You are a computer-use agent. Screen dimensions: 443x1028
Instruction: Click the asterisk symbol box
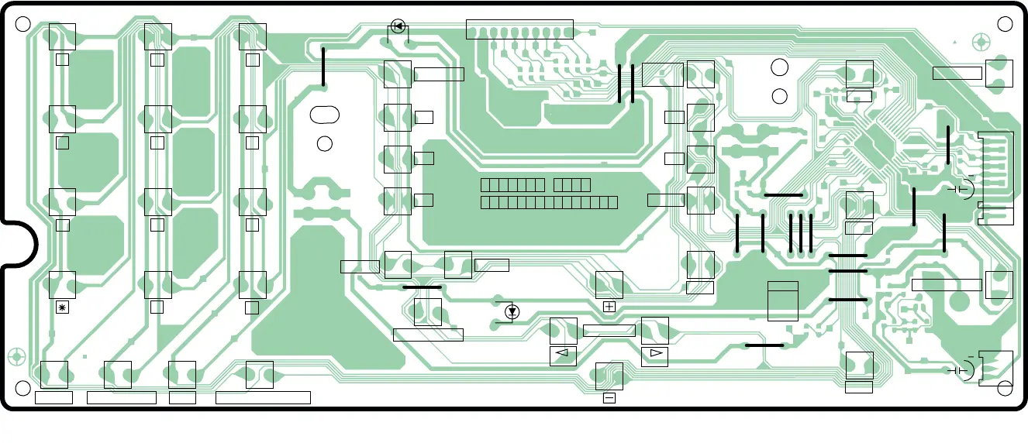point(63,307)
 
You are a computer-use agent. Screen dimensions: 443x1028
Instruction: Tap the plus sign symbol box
point(609,307)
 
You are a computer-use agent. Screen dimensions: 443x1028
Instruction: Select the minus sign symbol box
point(609,398)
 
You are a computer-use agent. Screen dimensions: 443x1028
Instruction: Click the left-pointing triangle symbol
point(563,355)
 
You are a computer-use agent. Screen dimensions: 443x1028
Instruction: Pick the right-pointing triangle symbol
point(656,355)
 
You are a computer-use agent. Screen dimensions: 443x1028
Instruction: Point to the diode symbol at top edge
point(398,26)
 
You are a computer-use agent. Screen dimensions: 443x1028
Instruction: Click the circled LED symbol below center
point(512,312)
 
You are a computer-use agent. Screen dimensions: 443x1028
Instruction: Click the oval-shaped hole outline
point(324,115)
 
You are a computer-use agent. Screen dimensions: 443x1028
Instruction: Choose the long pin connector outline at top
point(519,29)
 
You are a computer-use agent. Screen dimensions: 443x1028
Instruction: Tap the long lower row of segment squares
point(549,202)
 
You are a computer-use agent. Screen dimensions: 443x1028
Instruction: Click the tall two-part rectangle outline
point(782,300)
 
